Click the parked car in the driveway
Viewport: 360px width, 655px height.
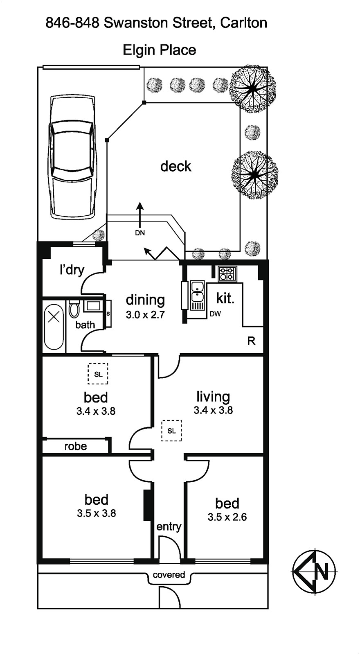tap(72, 158)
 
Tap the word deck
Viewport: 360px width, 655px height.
tap(176, 166)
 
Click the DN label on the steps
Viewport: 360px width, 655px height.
tap(140, 233)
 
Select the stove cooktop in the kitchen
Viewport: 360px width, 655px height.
tap(227, 274)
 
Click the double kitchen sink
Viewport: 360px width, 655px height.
tap(197, 291)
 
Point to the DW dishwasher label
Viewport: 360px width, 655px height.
tap(215, 314)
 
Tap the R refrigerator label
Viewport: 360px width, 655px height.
tap(252, 341)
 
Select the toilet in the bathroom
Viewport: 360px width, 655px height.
tap(74, 309)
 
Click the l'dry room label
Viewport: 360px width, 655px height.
tap(72, 270)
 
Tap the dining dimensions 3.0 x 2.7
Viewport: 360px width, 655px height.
tap(145, 315)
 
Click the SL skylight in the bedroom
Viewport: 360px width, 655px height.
tap(98, 374)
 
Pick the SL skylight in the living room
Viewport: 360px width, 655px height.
tap(171, 431)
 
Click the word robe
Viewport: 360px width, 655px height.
tap(76, 446)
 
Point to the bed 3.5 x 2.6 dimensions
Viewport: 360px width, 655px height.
tap(227, 517)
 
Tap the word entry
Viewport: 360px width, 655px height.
tap(169, 526)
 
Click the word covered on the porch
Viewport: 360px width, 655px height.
tap(169, 575)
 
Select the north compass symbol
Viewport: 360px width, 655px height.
tap(314, 571)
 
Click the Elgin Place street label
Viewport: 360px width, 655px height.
tap(160, 50)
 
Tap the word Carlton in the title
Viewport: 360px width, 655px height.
tap(243, 23)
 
